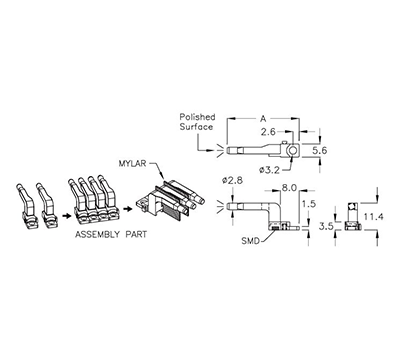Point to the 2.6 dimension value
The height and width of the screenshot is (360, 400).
tap(268, 130)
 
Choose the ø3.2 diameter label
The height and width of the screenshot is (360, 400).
tap(269, 169)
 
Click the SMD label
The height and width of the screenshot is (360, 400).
tap(251, 243)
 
